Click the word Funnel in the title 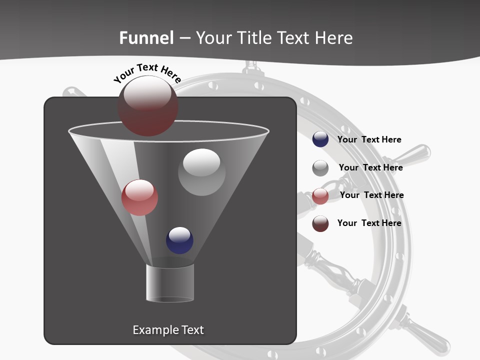click(146, 38)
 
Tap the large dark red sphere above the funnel click(147, 105)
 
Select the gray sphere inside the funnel click(201, 172)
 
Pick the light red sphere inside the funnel click(139, 197)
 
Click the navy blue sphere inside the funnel click(179, 240)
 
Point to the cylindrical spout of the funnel click(170, 283)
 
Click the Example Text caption click(168, 330)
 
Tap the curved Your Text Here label click(147, 73)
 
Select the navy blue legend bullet click(320, 139)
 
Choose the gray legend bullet click(320, 168)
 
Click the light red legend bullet click(320, 196)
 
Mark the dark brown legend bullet click(320, 223)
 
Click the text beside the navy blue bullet click(369, 139)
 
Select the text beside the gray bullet click(370, 167)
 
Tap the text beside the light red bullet click(371, 195)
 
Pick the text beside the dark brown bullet click(369, 223)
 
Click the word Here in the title click(334, 38)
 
